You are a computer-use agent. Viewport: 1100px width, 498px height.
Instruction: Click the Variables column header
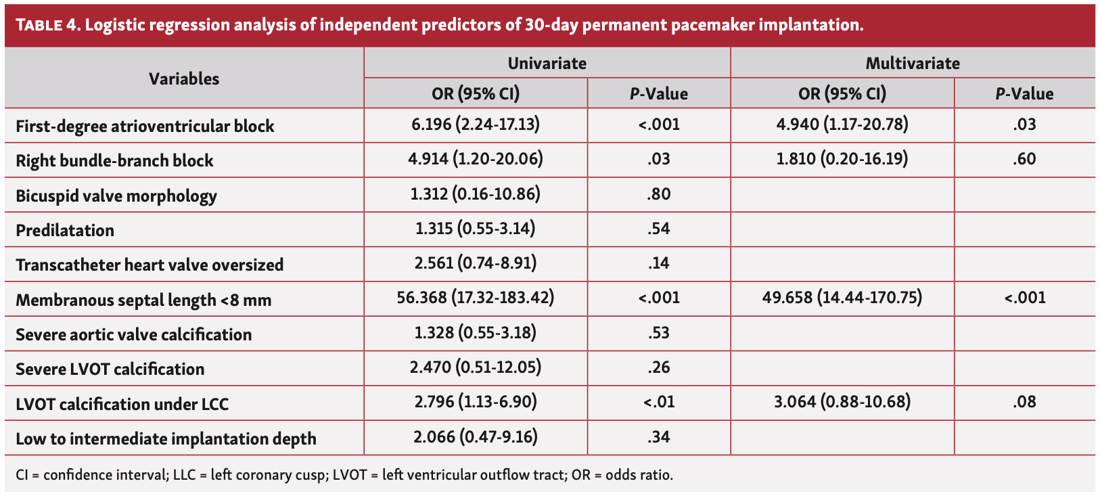coord(184,78)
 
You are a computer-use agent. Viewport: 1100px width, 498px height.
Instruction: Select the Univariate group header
coord(547,64)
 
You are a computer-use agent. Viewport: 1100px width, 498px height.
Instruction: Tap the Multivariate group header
coord(913,64)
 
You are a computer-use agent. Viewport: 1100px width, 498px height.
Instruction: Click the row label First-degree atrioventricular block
coord(145,127)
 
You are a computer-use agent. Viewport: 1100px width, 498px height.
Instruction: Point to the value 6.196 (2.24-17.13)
coord(476,124)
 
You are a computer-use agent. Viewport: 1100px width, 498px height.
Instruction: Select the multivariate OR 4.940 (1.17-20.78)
coord(842,124)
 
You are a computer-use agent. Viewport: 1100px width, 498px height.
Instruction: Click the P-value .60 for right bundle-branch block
coord(1024,160)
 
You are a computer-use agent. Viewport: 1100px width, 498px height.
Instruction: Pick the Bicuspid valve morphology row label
coord(116,196)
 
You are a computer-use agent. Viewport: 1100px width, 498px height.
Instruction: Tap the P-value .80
coord(658,195)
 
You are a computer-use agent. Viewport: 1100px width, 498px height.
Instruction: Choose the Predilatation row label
coord(65,231)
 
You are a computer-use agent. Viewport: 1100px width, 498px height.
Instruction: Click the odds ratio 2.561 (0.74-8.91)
coord(476,263)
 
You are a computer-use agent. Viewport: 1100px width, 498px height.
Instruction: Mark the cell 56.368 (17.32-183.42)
coord(476,298)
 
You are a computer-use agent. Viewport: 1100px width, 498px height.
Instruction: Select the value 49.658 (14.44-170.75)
coord(842,298)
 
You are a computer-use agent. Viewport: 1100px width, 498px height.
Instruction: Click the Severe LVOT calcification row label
coord(110,369)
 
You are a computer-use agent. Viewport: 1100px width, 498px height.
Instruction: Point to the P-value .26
coord(658,367)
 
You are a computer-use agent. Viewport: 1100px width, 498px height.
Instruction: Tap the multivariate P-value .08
coord(1024,402)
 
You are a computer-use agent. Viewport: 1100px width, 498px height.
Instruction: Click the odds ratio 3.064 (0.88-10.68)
coord(842,402)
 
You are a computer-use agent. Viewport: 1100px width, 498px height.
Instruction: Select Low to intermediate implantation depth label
coord(166,439)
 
